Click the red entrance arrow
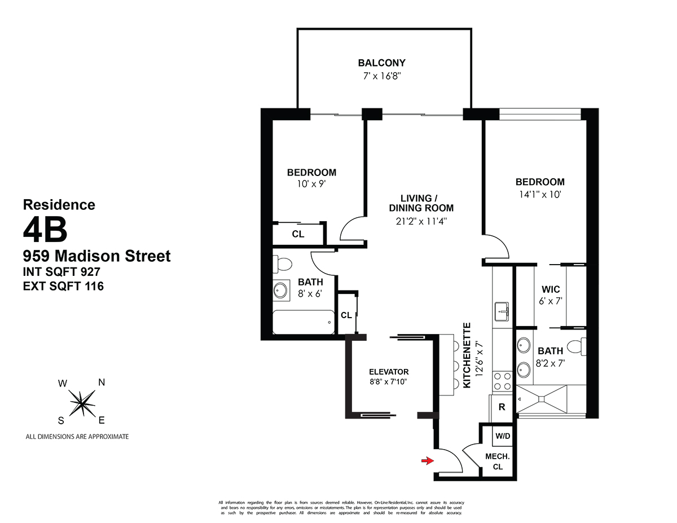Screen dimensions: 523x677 click(x=428, y=461)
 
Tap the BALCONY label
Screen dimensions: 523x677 click(x=381, y=63)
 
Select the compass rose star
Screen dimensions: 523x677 click(x=82, y=402)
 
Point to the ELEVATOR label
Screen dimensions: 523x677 click(x=389, y=372)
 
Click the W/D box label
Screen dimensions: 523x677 click(x=502, y=436)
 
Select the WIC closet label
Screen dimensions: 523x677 click(x=551, y=289)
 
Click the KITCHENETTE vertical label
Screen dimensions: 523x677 click(x=467, y=355)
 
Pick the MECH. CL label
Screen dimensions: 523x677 click(x=498, y=462)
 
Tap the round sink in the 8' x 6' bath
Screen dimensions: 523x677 click(x=280, y=291)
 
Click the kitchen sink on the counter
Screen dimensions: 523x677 click(x=502, y=310)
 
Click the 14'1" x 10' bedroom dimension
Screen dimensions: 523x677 click(x=539, y=194)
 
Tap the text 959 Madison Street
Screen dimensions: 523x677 click(x=96, y=256)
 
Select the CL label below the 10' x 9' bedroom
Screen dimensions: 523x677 click(x=298, y=234)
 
